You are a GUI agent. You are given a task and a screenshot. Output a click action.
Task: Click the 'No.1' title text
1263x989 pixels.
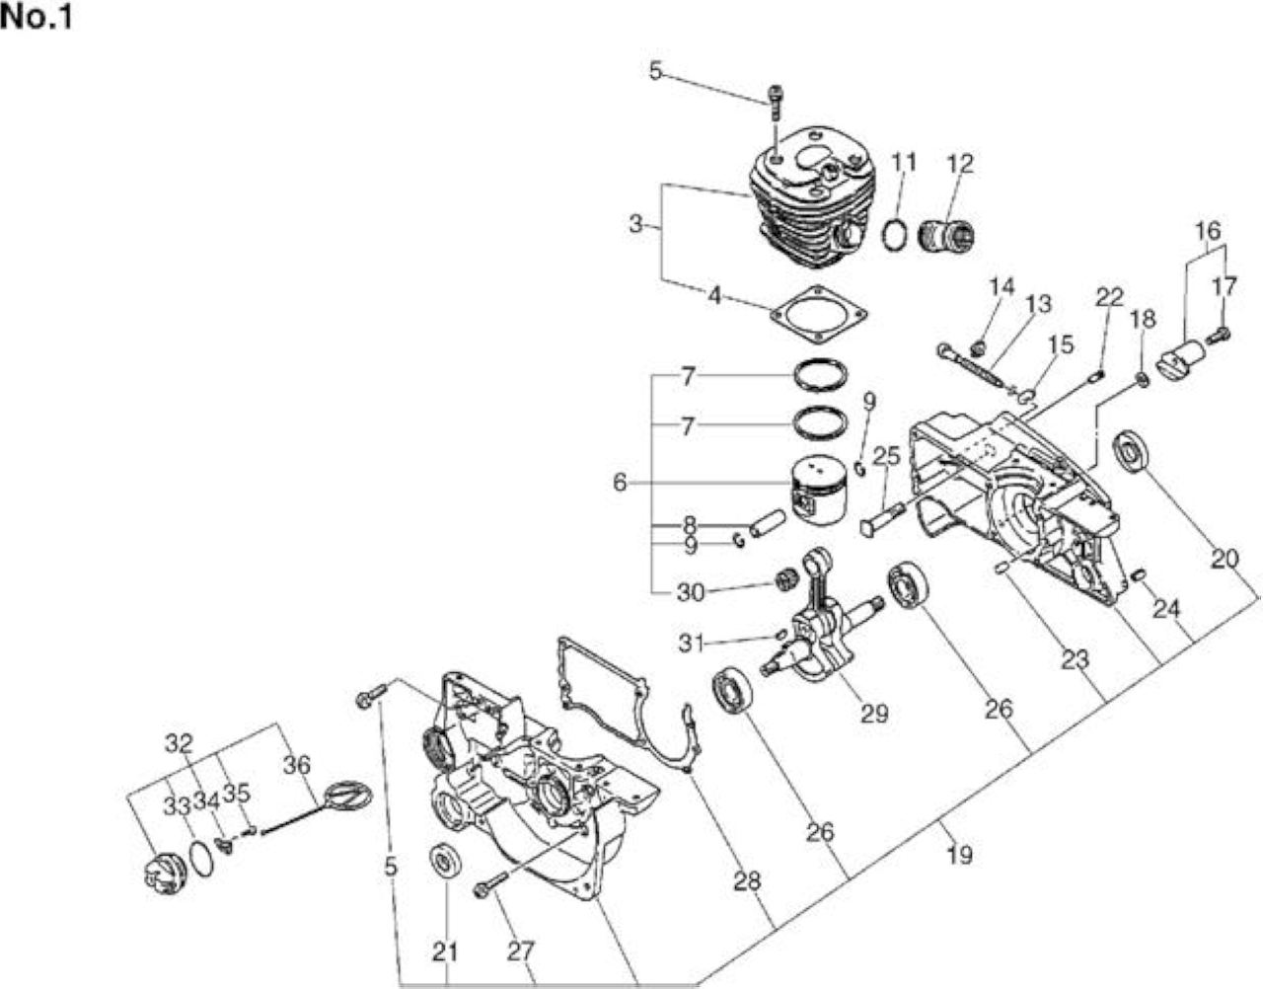coord(37,17)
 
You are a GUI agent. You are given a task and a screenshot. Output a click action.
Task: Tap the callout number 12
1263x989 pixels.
coord(960,164)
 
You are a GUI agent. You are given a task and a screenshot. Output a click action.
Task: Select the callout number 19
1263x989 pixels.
coord(960,855)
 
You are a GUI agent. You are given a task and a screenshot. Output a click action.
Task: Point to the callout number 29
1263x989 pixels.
coord(875,714)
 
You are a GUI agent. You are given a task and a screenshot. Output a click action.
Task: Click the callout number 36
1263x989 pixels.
coord(297,765)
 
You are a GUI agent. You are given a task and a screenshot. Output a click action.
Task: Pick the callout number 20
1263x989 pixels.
coord(1225,560)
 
